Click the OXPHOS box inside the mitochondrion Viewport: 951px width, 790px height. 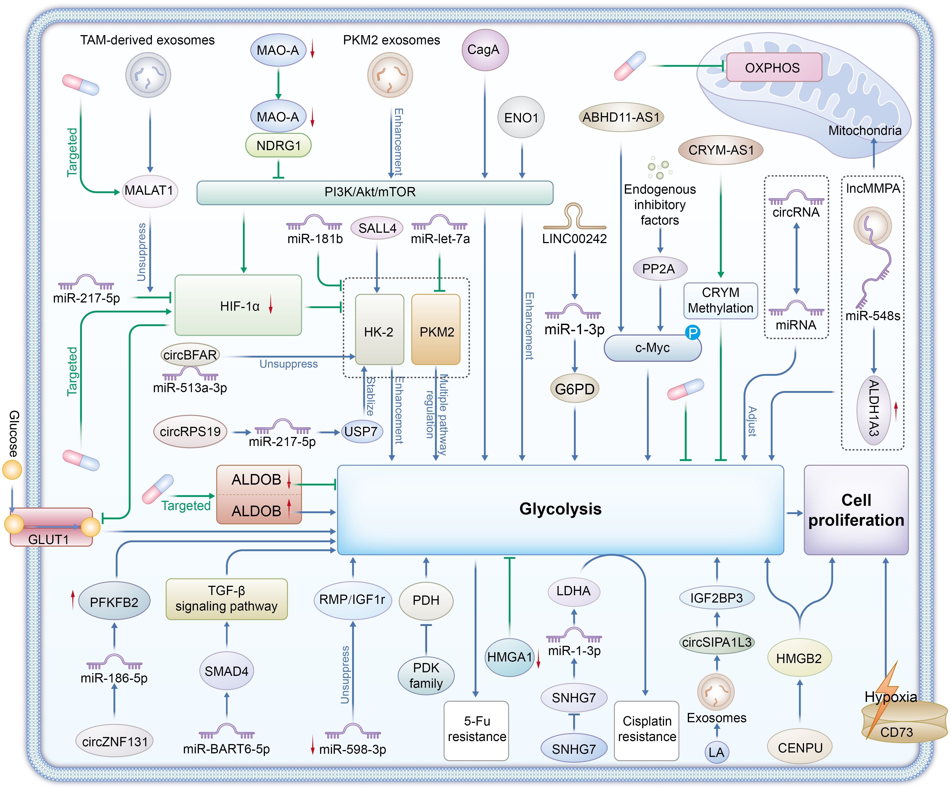(774, 68)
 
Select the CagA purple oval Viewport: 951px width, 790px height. (484, 50)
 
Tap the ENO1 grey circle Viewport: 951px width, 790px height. (521, 118)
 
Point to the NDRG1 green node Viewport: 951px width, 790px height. (278, 146)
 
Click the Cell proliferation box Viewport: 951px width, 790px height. (856, 510)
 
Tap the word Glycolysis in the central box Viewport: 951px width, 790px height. (560, 509)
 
